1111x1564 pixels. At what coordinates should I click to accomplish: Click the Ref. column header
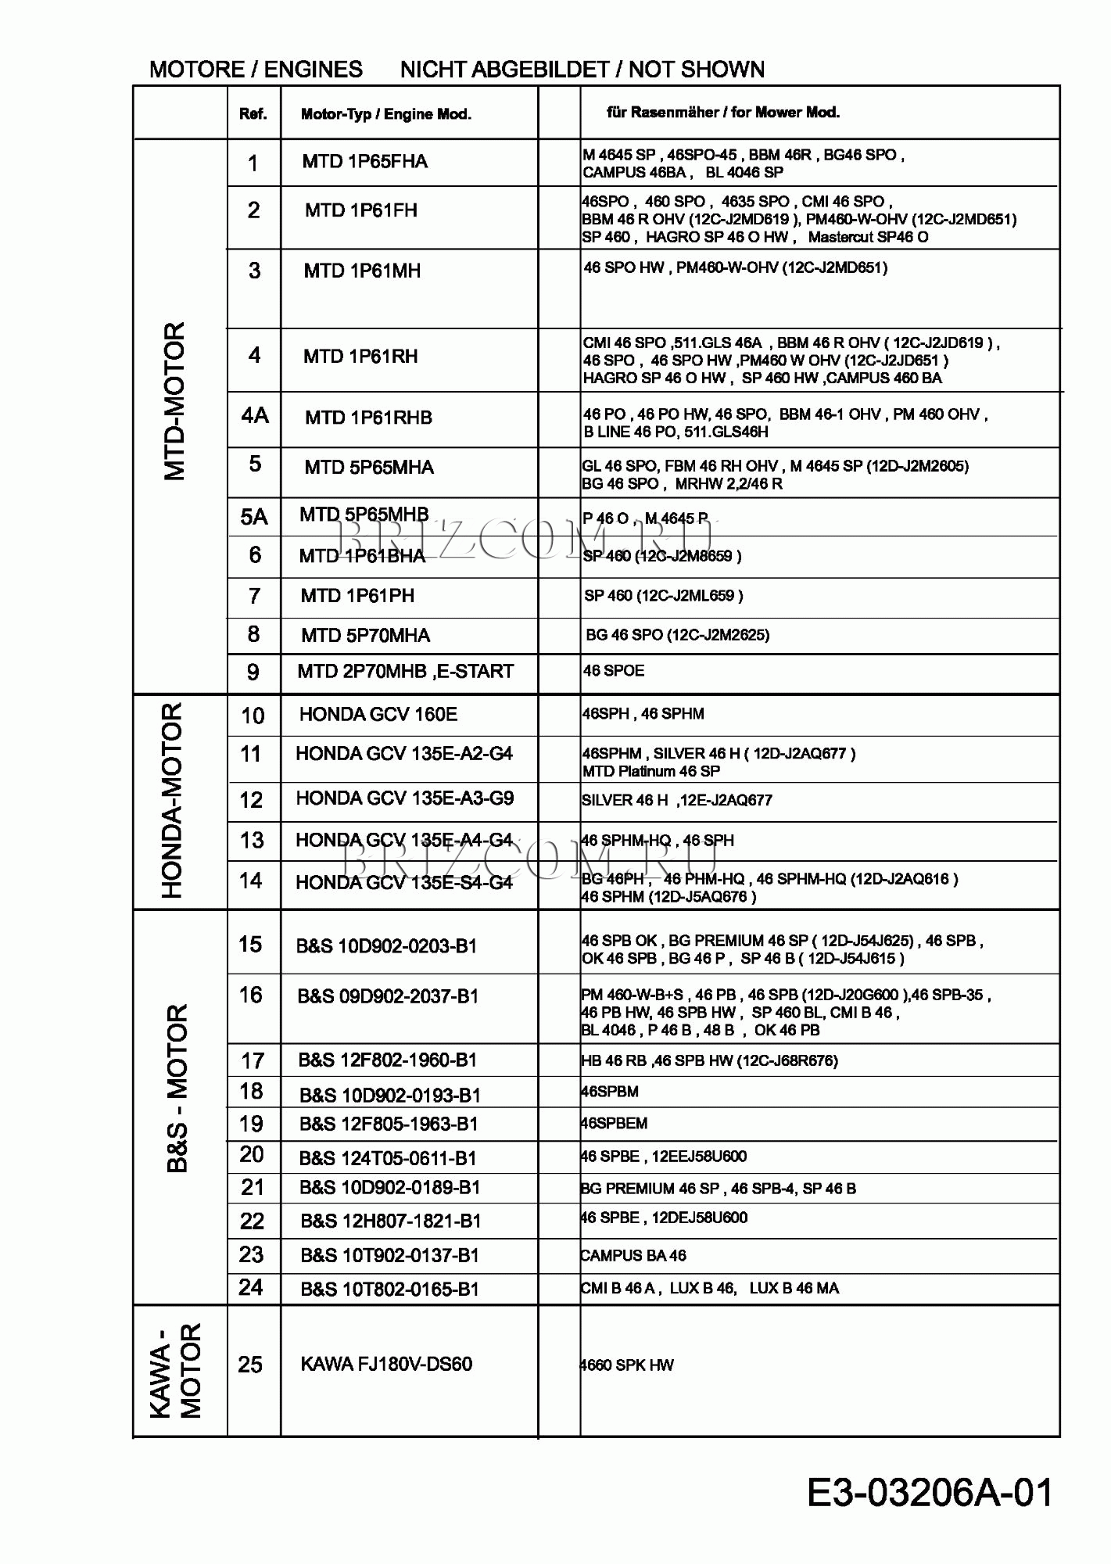[253, 114]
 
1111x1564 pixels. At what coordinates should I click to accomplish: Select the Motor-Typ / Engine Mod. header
[385, 114]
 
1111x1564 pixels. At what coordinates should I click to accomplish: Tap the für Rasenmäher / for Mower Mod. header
[723, 112]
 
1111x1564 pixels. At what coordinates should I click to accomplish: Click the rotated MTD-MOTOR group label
[175, 400]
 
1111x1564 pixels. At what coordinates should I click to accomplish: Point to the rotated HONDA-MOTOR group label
[172, 800]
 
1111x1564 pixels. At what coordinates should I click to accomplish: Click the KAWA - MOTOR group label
[176, 1370]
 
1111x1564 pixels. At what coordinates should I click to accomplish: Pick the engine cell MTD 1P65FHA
[364, 162]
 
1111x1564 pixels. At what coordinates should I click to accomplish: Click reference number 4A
[255, 415]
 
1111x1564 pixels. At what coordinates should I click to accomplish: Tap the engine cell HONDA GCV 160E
[378, 714]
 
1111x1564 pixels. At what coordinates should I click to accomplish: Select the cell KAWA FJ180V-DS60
[386, 1364]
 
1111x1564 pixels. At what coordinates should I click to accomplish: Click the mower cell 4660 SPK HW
[626, 1365]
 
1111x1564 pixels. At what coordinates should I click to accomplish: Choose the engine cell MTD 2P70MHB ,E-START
[405, 671]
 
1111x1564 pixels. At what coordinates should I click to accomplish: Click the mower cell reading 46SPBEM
[614, 1123]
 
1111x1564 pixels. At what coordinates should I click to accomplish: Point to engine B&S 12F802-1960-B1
[387, 1060]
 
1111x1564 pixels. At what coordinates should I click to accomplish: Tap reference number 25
[250, 1365]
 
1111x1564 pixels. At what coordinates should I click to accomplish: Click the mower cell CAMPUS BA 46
[633, 1255]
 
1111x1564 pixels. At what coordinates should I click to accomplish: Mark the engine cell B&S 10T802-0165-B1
[389, 1289]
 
